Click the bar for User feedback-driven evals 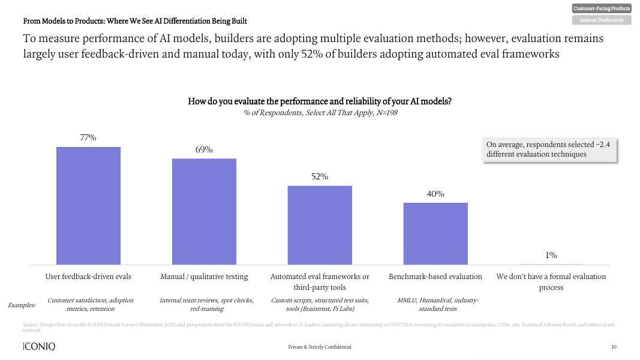pyautogui.click(x=88, y=206)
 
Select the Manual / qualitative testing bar pyautogui.click(x=204, y=211)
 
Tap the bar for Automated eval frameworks pyautogui.click(x=320, y=225)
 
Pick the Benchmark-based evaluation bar pyautogui.click(x=435, y=233)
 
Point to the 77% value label pyautogui.click(x=88, y=138)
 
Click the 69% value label pyautogui.click(x=204, y=150)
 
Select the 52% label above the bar pyautogui.click(x=320, y=177)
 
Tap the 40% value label pyautogui.click(x=435, y=194)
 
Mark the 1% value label pyautogui.click(x=551, y=256)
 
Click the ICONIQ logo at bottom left pyautogui.click(x=39, y=347)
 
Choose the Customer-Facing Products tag pyautogui.click(x=602, y=8)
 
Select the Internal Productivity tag pyautogui.click(x=602, y=20)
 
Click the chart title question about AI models pyautogui.click(x=320, y=101)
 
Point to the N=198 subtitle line pyautogui.click(x=320, y=113)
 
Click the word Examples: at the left pyautogui.click(x=22, y=305)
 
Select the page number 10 pyautogui.click(x=614, y=347)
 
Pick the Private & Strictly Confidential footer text pyautogui.click(x=320, y=347)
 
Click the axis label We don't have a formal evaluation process pyautogui.click(x=551, y=282)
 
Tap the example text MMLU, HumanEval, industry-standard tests pyautogui.click(x=438, y=304)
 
